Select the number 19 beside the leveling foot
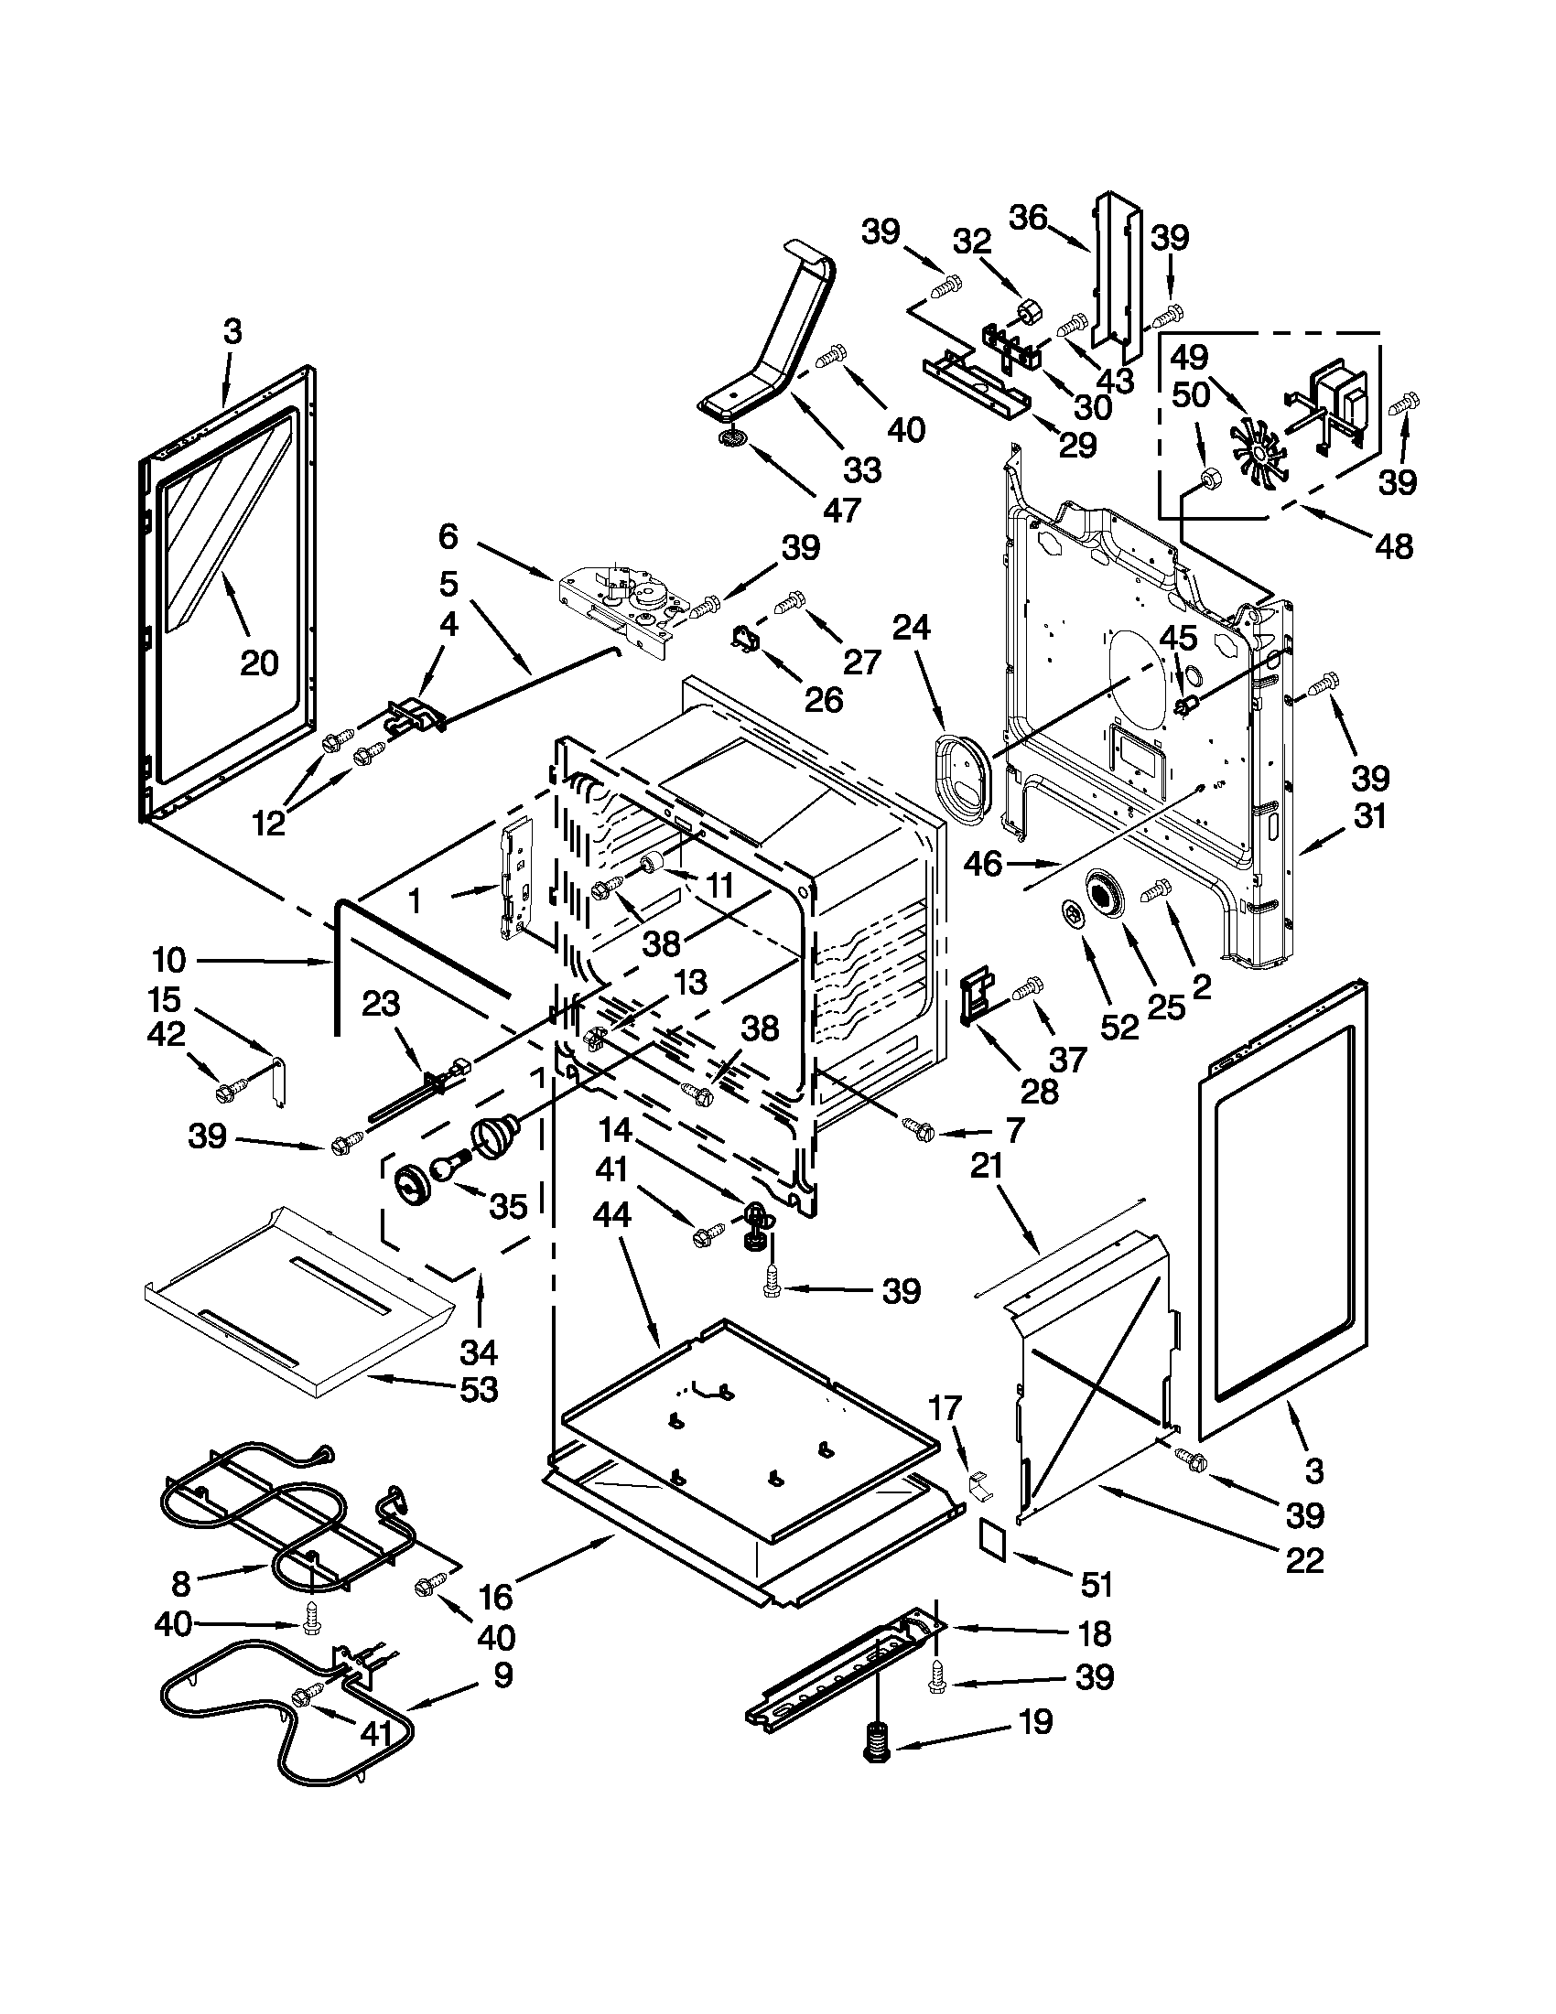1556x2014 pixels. [1035, 1721]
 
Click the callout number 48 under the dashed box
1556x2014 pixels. [1393, 546]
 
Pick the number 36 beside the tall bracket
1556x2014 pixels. [1028, 218]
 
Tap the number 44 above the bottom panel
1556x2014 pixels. [612, 1215]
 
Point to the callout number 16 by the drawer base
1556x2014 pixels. [495, 1595]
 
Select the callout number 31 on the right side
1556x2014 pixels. [1368, 815]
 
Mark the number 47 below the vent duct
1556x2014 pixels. [841, 509]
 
